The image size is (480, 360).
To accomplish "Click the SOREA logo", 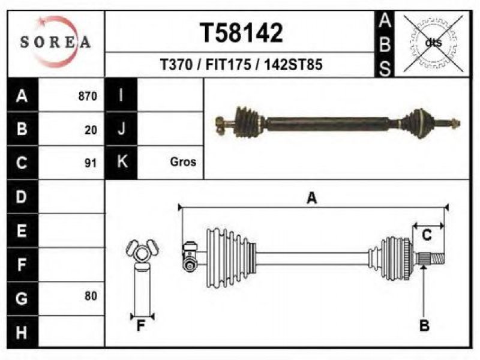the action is [55, 42].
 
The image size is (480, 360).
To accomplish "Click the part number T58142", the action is [241, 33].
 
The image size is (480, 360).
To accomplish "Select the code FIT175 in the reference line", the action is [229, 65].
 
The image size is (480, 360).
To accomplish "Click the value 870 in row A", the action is [88, 96].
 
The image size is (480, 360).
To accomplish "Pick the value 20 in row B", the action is [91, 130].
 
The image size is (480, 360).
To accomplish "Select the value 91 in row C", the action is [91, 163].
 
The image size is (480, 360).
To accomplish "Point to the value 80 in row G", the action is [91, 296].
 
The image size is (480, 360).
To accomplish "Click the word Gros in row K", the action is [183, 161].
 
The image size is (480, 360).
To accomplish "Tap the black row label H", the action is [22, 332].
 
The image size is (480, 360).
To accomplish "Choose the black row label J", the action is [121, 129].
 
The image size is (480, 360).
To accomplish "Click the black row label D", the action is [22, 197].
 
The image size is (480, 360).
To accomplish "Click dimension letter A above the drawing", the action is [312, 198].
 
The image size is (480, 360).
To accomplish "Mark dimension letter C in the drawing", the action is [427, 235].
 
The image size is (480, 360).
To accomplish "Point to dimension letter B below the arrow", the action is [424, 325].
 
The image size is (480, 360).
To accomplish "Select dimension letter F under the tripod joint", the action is [140, 326].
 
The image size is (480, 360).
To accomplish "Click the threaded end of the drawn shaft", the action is [437, 258].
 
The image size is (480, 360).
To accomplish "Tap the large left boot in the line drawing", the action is [231, 258].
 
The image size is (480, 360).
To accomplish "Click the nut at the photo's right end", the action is [455, 123].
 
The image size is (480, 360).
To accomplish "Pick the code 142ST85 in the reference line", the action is [293, 65].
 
